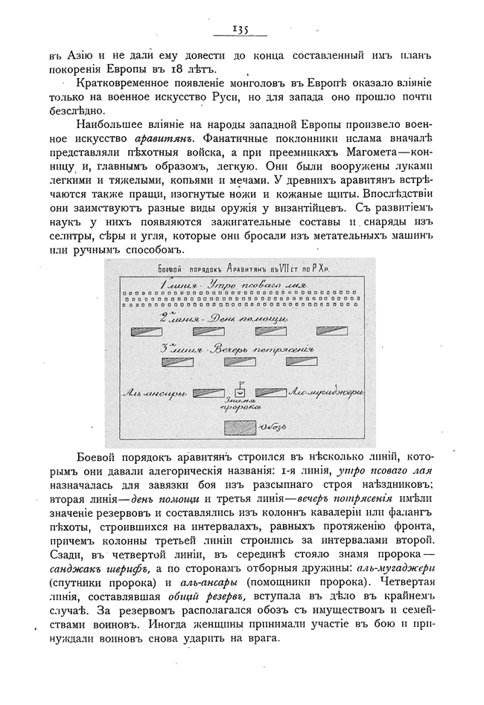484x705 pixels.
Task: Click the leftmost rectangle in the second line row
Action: pos(147,331)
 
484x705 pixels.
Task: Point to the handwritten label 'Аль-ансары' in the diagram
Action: pos(155,393)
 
